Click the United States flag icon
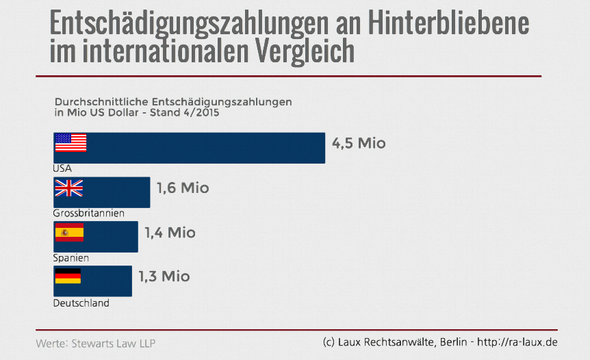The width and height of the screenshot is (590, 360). coord(70,142)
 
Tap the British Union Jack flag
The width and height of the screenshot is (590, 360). coord(68,188)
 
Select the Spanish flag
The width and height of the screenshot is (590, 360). coord(69,233)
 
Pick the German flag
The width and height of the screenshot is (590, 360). coord(68,277)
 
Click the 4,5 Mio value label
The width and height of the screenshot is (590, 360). coord(359,144)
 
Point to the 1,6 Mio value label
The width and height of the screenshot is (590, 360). coord(183,188)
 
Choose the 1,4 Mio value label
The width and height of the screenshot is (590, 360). coord(170,233)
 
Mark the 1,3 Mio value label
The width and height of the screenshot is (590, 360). coord(164,277)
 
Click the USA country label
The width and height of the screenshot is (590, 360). coord(62,168)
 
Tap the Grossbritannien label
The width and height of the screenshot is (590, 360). coord(88,214)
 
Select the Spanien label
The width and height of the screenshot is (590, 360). coord(70,258)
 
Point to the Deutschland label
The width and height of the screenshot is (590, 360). coord(81,303)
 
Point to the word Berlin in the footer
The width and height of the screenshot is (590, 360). coord(450,342)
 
